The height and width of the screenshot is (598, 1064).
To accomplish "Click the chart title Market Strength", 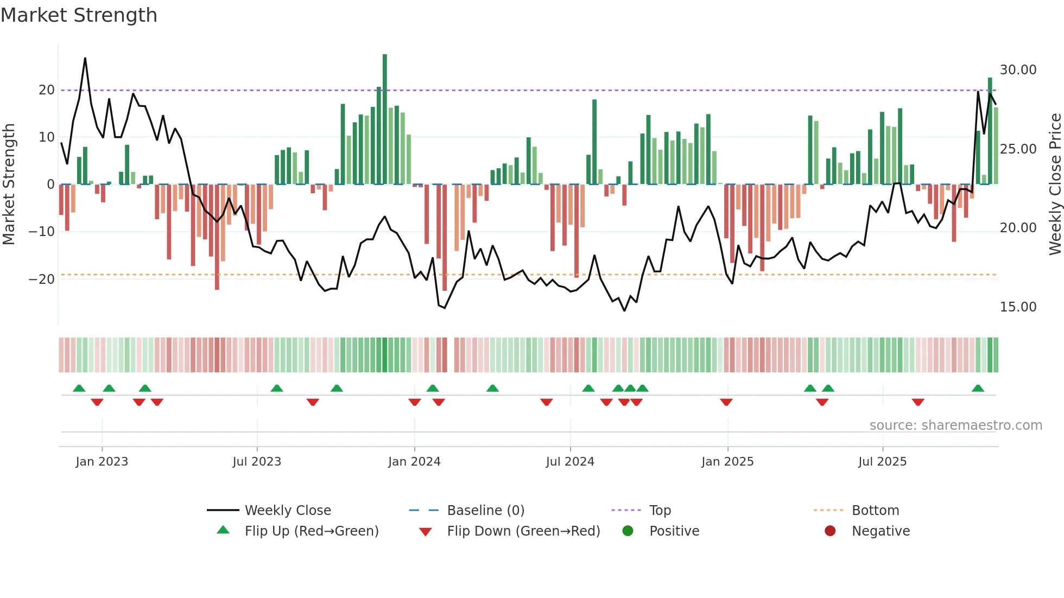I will (x=79, y=15).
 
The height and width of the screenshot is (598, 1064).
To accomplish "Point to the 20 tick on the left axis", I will (x=47, y=90).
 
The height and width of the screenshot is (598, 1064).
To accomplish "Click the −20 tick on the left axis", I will (x=42, y=279).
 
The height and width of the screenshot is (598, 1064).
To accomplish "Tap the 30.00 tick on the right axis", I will (x=1018, y=70).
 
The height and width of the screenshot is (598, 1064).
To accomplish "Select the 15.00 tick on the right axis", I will (x=1018, y=307).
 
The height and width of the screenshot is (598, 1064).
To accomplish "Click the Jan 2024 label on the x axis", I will (x=414, y=462).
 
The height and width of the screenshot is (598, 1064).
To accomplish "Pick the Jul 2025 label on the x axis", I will (x=882, y=462).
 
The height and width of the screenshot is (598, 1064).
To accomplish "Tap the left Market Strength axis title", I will (x=9, y=185).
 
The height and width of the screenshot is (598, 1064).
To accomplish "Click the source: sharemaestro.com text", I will (x=955, y=425).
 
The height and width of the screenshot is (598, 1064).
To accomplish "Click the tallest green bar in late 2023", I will (x=385, y=119).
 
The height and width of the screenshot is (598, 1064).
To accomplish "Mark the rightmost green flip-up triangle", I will (x=978, y=389).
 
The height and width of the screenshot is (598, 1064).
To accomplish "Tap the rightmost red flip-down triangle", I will (x=918, y=402).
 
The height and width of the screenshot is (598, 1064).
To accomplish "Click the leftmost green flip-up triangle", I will (x=79, y=389).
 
